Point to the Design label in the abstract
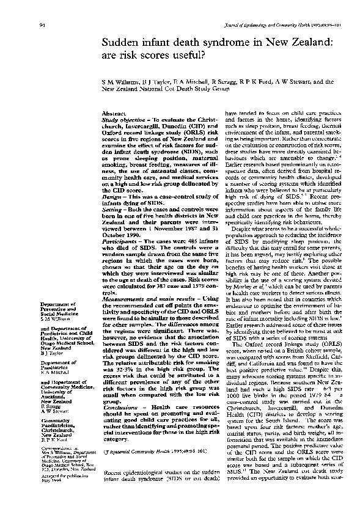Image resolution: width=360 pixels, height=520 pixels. click(112, 197)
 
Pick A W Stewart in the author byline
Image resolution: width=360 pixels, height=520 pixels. click(295, 80)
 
